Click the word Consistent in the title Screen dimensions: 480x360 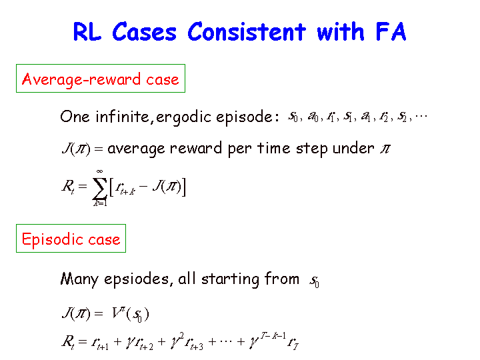(247, 31)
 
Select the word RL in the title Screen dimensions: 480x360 (87, 31)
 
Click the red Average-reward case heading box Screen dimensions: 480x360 (101, 79)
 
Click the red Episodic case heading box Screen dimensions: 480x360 (71, 239)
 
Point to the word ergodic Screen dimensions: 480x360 (183, 117)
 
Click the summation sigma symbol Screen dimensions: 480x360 (99, 187)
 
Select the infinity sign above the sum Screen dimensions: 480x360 (99, 171)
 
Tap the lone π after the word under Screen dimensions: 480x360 (385, 149)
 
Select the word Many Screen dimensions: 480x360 (79, 280)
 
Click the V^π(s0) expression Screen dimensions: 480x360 (131, 314)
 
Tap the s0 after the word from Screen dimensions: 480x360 (315, 281)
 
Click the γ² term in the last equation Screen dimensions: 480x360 (177, 341)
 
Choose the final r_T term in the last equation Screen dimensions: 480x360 (293, 343)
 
